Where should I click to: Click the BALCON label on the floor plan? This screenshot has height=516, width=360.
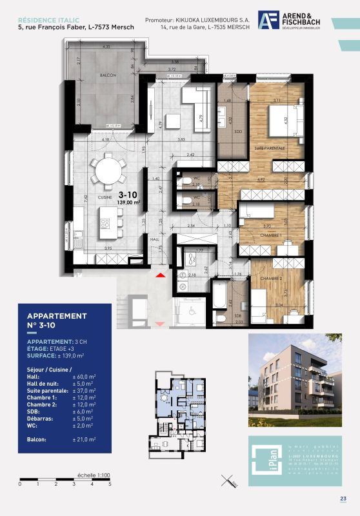pos(107,76)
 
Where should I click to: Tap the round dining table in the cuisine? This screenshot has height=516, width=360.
pos(108,170)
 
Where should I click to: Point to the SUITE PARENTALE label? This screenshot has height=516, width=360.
pos(269,148)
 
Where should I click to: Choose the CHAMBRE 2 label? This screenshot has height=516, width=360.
pos(270,277)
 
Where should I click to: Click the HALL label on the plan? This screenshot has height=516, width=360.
pos(154,239)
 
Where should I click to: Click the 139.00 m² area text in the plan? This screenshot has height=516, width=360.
pos(129,202)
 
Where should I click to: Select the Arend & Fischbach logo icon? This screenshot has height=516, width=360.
pos(266,20)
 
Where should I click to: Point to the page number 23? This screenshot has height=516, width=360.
pos(343,498)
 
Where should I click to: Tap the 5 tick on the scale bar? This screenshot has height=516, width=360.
pos(110,483)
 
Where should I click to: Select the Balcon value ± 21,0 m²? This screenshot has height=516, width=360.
pos(83,439)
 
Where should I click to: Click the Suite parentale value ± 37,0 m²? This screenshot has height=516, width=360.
pos(83,392)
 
